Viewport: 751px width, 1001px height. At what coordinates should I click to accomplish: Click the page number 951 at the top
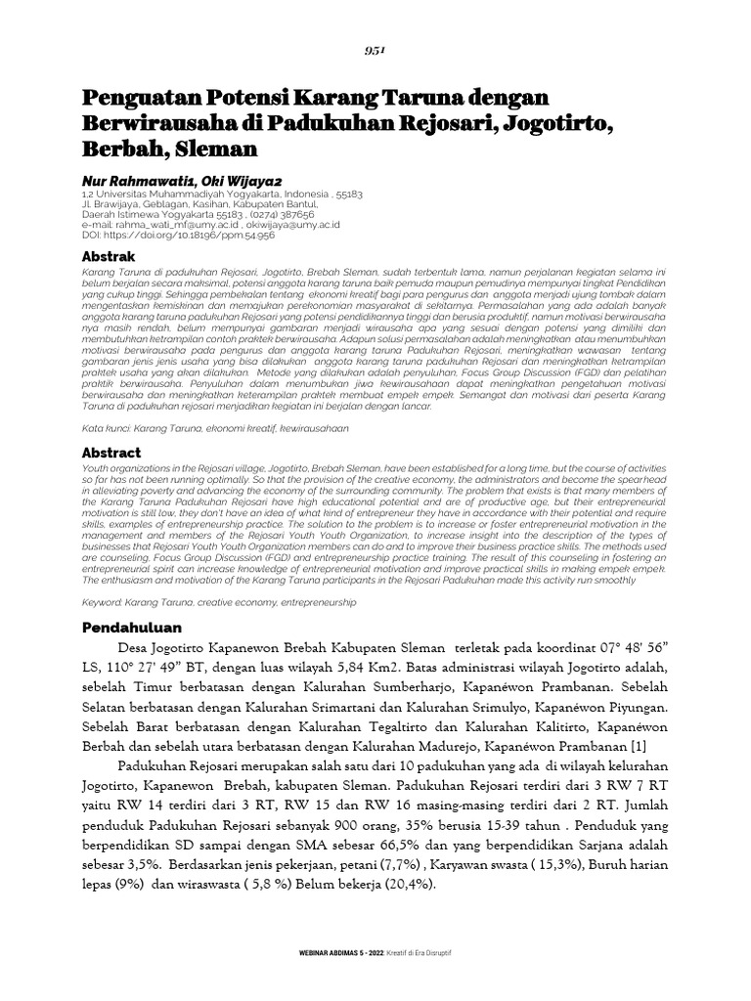(x=375, y=51)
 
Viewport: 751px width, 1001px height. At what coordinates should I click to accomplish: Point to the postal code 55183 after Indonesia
(x=348, y=195)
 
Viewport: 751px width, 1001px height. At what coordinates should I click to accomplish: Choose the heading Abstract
(x=110, y=453)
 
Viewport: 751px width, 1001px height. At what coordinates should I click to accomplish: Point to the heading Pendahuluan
(x=131, y=627)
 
